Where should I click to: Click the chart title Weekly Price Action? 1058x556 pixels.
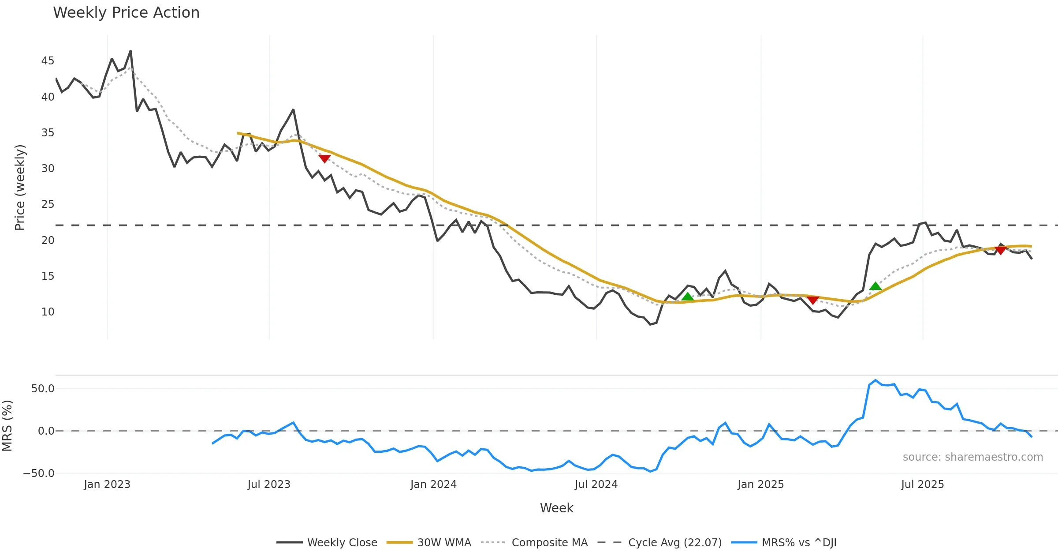coord(126,13)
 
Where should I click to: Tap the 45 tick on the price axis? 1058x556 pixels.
coord(48,61)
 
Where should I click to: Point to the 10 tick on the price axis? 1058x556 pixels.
coord(48,312)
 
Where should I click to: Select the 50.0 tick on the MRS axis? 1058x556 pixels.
coord(43,389)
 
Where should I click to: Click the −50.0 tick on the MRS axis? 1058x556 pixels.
coord(39,473)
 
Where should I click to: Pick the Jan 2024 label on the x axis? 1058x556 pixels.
coord(433,485)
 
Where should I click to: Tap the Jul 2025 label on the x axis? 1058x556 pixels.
coord(922,485)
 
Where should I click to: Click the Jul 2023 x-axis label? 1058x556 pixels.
coord(269,485)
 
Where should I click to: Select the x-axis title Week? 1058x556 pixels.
coord(556,508)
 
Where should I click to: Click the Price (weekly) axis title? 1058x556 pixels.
coord(20,188)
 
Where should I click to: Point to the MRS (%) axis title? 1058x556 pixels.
coord(7,426)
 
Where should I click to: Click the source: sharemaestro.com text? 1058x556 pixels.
coord(972,457)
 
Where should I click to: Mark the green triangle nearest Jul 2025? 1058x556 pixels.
coord(875,286)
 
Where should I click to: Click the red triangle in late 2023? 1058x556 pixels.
coord(324,158)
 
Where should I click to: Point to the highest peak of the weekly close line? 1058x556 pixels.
coord(130,51)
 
